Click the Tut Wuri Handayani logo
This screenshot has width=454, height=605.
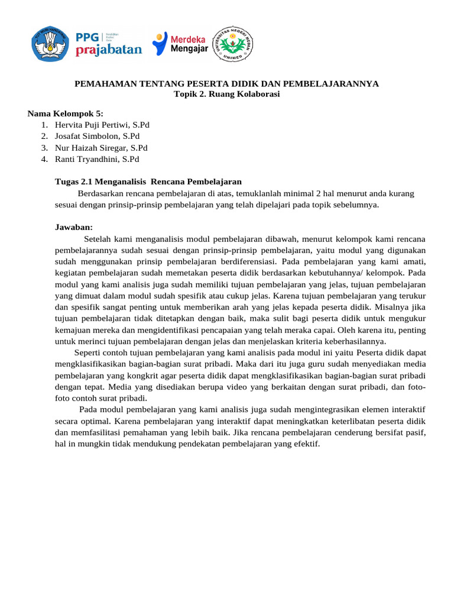[49, 44]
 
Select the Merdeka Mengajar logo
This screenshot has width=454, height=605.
[180, 44]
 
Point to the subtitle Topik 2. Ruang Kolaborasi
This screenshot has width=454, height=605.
[226, 94]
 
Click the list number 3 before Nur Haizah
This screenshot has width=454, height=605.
[44, 148]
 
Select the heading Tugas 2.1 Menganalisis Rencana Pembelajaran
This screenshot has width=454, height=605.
[148, 181]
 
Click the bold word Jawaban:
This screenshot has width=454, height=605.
[74, 227]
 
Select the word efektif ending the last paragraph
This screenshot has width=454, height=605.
[305, 443]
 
